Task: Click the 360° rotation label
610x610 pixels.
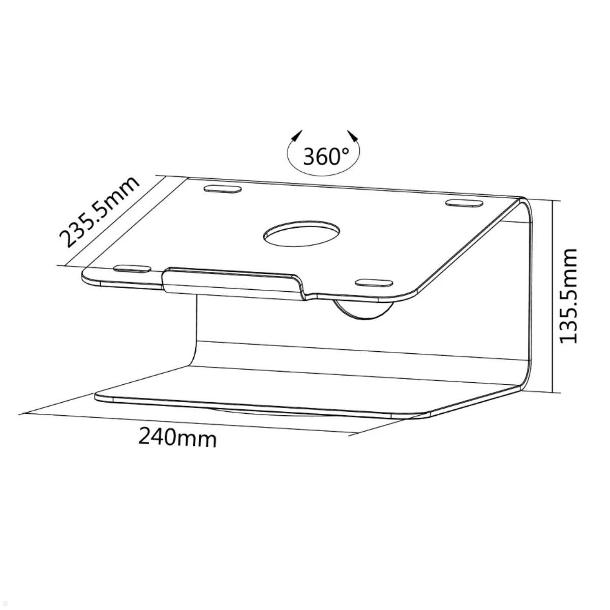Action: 326,156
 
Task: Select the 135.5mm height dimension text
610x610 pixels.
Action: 569,295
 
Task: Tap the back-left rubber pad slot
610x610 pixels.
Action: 222,190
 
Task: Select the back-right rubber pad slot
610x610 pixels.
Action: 464,203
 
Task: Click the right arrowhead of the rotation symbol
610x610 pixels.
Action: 353,136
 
